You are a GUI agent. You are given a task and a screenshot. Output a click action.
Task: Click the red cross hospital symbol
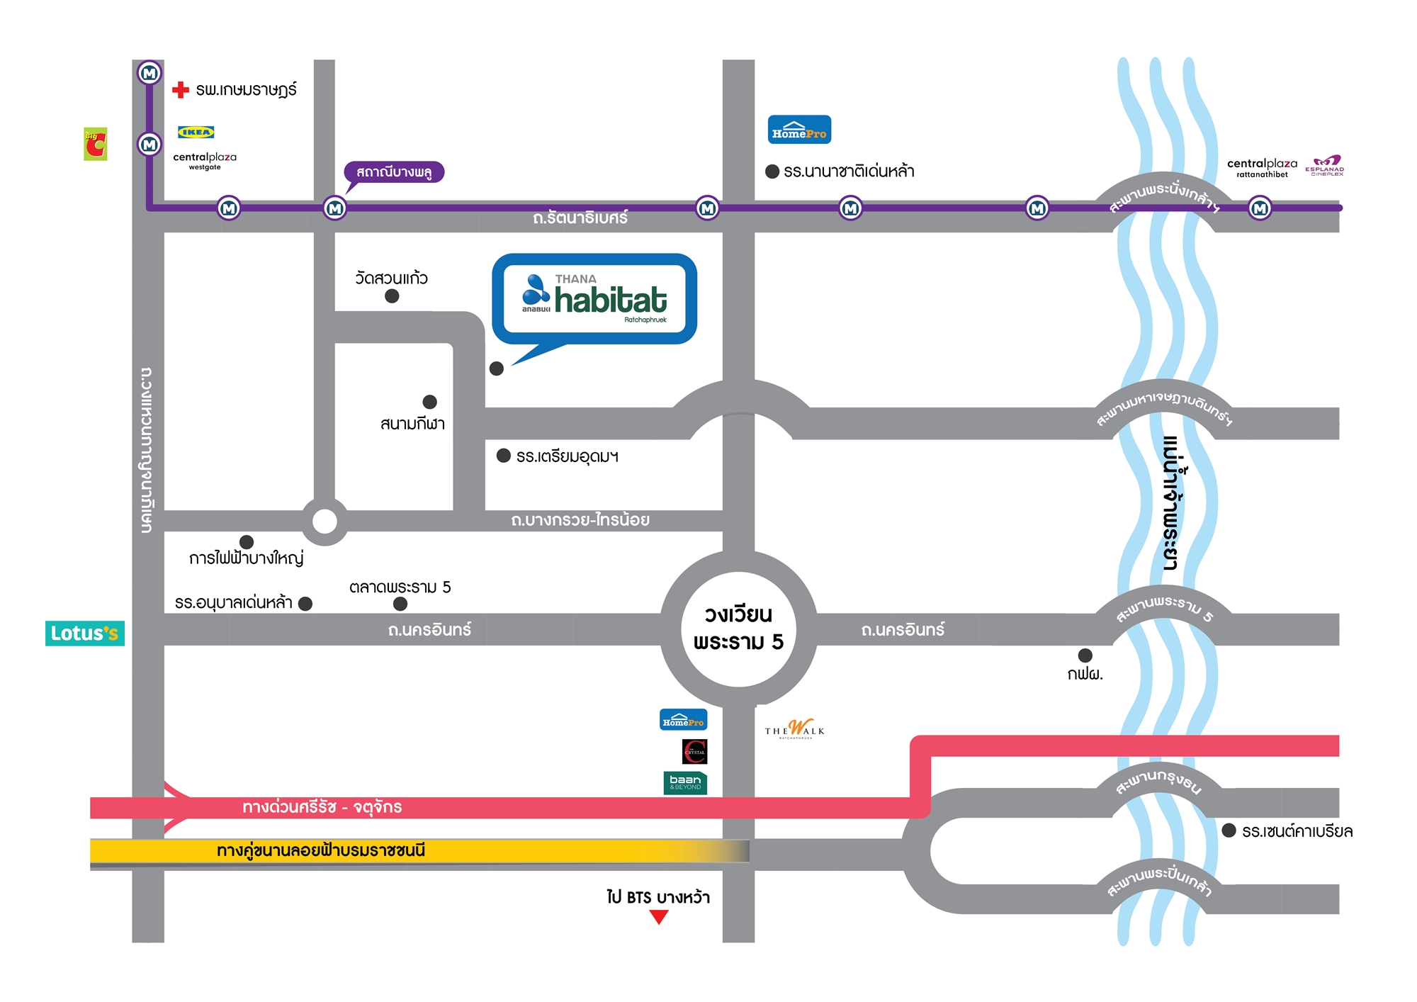181,89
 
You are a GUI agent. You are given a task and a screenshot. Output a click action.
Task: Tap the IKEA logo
196,132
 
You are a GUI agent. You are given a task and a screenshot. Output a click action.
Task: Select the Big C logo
96,144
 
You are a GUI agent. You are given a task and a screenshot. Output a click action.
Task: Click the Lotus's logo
85,633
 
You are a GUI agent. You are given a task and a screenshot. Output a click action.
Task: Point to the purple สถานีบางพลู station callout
394,172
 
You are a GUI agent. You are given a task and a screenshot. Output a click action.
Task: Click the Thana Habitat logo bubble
594,299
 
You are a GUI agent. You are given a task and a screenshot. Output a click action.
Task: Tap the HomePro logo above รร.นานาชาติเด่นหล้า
799,130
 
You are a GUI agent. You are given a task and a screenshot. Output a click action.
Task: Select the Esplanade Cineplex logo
1325,165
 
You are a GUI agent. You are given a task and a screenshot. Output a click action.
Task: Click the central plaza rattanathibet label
1262,167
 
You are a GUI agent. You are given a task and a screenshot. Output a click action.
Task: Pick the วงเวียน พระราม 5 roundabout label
738,629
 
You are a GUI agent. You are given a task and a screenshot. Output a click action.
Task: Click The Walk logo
795,729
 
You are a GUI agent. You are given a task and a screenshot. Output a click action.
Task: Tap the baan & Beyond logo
685,782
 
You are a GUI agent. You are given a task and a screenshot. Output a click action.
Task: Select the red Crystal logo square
694,751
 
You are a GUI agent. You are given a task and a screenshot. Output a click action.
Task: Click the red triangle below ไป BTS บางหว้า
659,917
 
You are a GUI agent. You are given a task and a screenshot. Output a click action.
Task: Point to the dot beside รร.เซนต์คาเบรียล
1229,831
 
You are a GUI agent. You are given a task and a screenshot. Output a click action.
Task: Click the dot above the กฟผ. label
1085,655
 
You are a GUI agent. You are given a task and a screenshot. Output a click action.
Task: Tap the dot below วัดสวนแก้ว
392,296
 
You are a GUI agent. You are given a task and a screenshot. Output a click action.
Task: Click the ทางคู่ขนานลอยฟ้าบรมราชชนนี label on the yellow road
321,850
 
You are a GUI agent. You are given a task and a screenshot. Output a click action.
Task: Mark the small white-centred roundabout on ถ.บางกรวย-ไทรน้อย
324,522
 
